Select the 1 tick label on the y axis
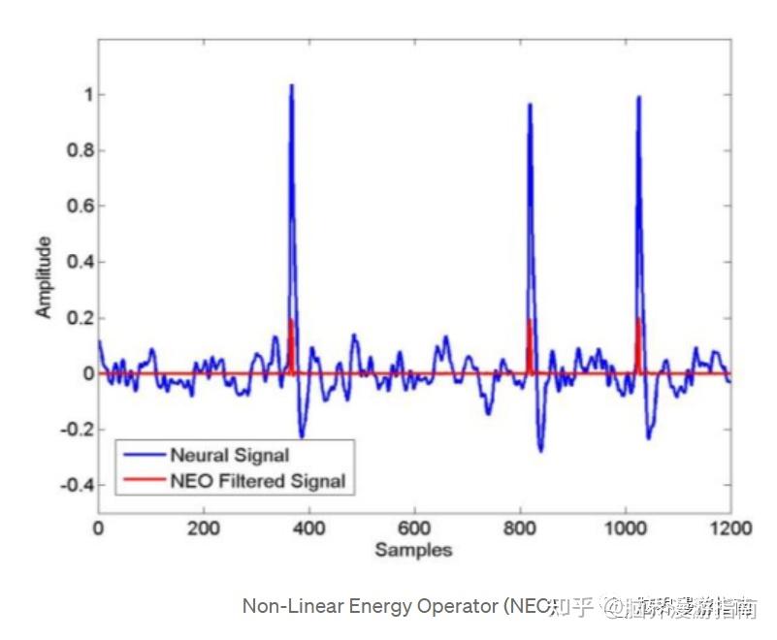coord(87,95)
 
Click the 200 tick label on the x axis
coord(203,528)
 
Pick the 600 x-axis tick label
coord(414,528)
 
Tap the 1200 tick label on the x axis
coord(730,528)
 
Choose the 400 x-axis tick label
coord(308,528)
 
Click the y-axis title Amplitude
coord(44,277)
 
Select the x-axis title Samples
coord(414,551)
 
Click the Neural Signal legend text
coord(229,455)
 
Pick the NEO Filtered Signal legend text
coord(257,480)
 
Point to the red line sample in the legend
coord(142,480)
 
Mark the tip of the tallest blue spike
coord(291,85)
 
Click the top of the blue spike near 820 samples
coord(530,104)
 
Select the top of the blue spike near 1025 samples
coord(638,97)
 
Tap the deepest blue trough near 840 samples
coord(540,451)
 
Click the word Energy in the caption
coord(371,607)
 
